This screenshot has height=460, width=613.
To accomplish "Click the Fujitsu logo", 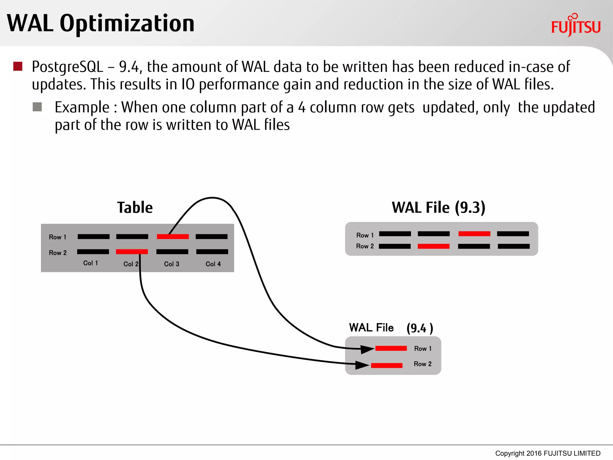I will (576, 26).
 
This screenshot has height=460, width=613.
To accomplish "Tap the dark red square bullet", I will (18, 66).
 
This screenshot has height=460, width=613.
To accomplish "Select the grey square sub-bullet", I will (37, 107).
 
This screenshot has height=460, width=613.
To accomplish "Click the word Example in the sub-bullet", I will (82, 107).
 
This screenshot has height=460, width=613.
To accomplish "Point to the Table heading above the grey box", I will (135, 208).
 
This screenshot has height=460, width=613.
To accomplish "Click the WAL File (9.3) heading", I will (438, 208).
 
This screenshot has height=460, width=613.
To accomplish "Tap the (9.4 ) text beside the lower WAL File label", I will (420, 328).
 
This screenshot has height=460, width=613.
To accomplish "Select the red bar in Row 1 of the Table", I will (173, 237).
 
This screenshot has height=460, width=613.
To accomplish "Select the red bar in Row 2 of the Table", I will (132, 252).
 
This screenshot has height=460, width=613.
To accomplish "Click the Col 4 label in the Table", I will (213, 264).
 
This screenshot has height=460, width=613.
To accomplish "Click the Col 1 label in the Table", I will (90, 263).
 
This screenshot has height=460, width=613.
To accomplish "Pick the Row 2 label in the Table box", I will (58, 253).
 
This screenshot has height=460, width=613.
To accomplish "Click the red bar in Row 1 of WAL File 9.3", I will (474, 234).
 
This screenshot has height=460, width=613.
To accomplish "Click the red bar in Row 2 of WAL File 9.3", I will (433, 246).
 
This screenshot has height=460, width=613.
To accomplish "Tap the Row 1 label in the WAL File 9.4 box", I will (423, 349).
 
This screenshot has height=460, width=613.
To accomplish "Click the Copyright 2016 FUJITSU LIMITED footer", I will (547, 453).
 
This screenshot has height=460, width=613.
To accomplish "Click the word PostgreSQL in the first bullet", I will (67, 67).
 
